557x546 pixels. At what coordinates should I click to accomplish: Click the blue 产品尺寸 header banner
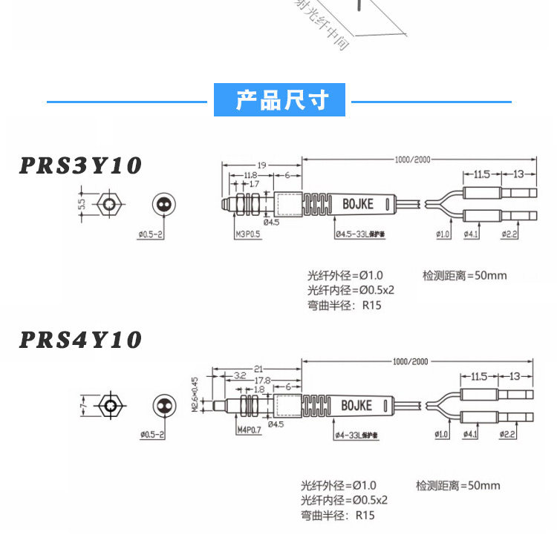tap(280, 99)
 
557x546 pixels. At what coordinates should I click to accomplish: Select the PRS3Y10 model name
tap(80, 165)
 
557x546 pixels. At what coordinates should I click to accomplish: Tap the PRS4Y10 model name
tap(80, 340)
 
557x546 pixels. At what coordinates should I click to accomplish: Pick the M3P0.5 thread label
tap(249, 234)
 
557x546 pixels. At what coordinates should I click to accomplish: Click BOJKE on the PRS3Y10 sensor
tap(358, 203)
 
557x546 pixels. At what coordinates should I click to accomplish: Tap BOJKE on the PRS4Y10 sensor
tap(357, 405)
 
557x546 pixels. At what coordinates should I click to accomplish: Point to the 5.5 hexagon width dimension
tap(82, 203)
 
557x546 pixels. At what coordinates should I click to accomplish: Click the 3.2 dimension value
tap(240, 376)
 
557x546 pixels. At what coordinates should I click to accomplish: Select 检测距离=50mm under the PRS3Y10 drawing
tap(464, 275)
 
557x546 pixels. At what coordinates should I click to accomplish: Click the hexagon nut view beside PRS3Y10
tap(110, 203)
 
